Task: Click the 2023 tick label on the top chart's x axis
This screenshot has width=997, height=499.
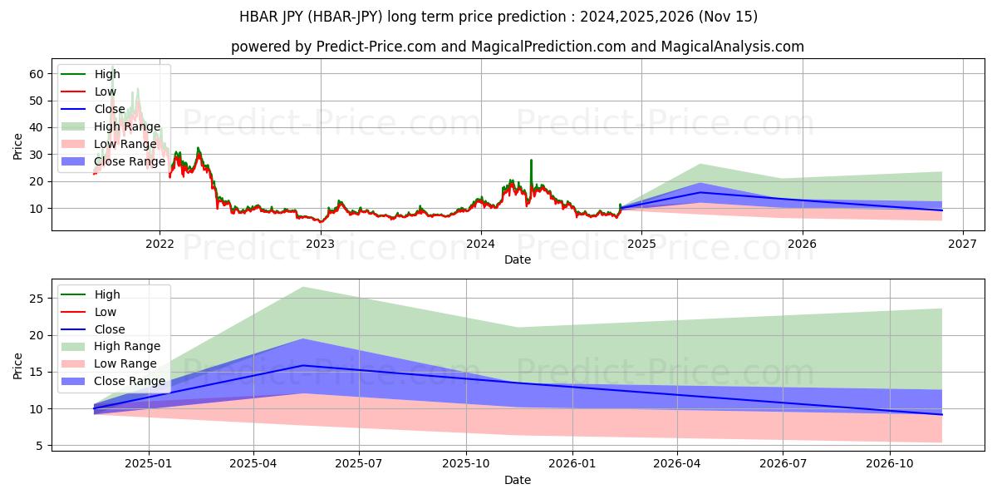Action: pos(320,244)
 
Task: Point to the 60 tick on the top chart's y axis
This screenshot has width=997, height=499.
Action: pos(36,74)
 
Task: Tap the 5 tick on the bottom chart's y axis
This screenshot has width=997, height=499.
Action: pos(39,446)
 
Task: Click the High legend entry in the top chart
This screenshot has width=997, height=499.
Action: pos(107,74)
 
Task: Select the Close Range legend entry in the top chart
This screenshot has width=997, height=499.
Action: pos(130,161)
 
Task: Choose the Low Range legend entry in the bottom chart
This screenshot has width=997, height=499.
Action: pos(125,363)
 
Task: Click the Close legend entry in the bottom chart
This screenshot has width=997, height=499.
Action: pos(110,329)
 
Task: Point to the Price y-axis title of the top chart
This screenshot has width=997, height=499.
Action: pos(18,146)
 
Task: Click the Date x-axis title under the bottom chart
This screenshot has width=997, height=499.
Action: pos(518,480)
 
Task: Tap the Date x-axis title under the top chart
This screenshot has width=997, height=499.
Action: pos(518,259)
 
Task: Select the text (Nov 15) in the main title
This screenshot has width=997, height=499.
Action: pos(730,17)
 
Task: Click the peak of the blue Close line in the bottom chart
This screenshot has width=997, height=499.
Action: pos(303,365)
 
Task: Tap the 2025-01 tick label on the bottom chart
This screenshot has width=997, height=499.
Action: pos(149,463)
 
